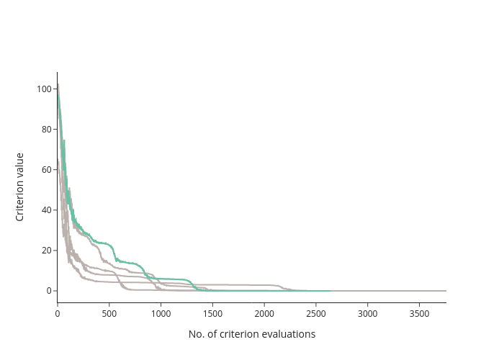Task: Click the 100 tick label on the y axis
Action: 45,89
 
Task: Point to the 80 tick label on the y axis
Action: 47,129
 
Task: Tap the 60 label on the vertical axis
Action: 47,170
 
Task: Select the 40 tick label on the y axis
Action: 47,210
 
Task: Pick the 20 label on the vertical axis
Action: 47,251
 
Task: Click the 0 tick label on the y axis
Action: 49,291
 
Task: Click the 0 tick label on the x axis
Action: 58,314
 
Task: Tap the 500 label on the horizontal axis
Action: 109,314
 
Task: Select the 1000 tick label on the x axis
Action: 161,314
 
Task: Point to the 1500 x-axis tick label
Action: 213,314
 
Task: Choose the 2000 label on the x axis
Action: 264,314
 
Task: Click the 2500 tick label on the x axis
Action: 316,314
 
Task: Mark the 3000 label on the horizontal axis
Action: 368,314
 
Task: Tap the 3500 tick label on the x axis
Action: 420,314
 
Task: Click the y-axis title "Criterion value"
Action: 19,187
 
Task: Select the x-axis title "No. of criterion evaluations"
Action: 252,334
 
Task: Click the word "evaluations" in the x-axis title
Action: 289,334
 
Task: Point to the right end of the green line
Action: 330,291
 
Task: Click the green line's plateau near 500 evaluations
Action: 103,243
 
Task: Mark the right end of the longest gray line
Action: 446,291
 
